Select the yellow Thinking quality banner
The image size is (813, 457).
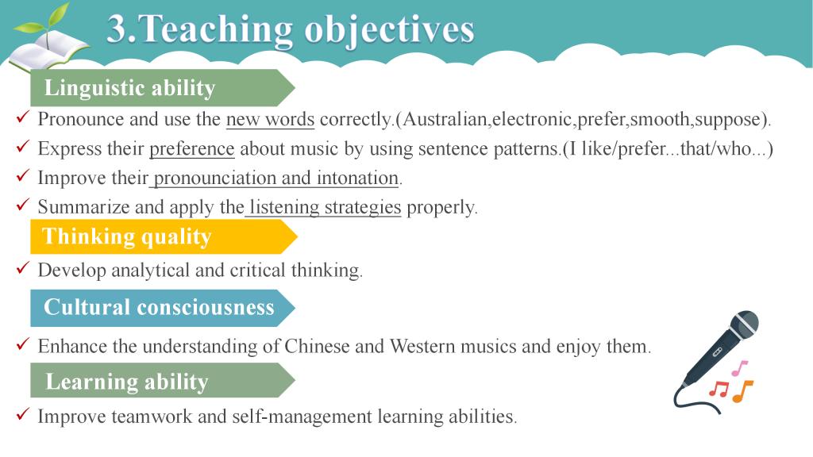coord(164,236)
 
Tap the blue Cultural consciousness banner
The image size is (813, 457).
coord(162,308)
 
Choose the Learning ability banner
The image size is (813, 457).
coord(162,381)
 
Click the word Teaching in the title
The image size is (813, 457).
coord(216,29)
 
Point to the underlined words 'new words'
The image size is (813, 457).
coord(270,119)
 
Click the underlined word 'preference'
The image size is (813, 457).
coord(192,149)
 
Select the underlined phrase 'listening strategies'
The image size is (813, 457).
coord(325,207)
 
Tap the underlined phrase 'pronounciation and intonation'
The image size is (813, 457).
coord(275,179)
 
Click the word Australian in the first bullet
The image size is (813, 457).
coord(445,119)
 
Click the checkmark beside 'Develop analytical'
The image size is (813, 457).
coord(23,268)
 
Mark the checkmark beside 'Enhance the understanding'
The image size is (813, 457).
coord(23,344)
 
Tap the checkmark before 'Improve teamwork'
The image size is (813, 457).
coord(23,414)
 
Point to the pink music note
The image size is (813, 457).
coord(740,368)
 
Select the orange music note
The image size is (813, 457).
coord(742,391)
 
